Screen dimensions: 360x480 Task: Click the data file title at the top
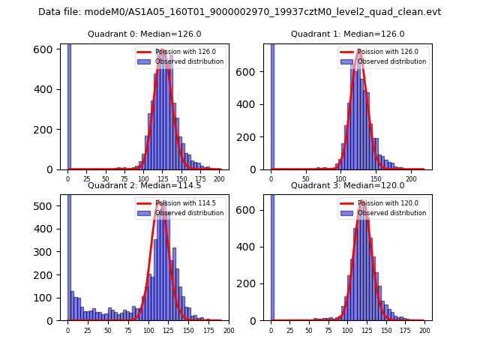239,12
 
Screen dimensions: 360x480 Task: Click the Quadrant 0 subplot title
144,34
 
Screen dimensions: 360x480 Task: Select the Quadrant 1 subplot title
347,34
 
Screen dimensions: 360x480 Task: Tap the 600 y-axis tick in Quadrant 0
49,49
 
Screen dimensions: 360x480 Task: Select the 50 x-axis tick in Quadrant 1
305,179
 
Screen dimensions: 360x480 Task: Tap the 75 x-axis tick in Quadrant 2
128,330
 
